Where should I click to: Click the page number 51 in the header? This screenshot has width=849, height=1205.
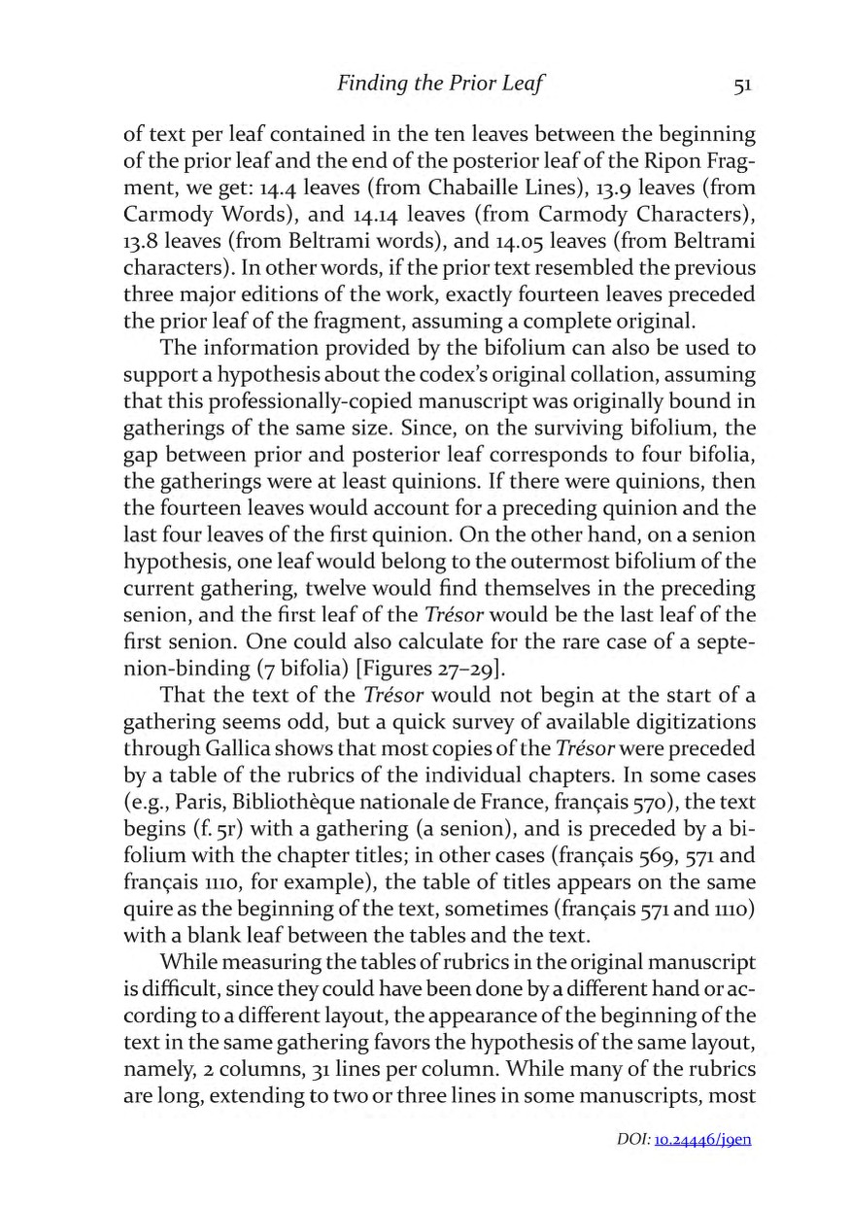(743, 85)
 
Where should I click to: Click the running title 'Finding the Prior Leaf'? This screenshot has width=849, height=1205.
(438, 85)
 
